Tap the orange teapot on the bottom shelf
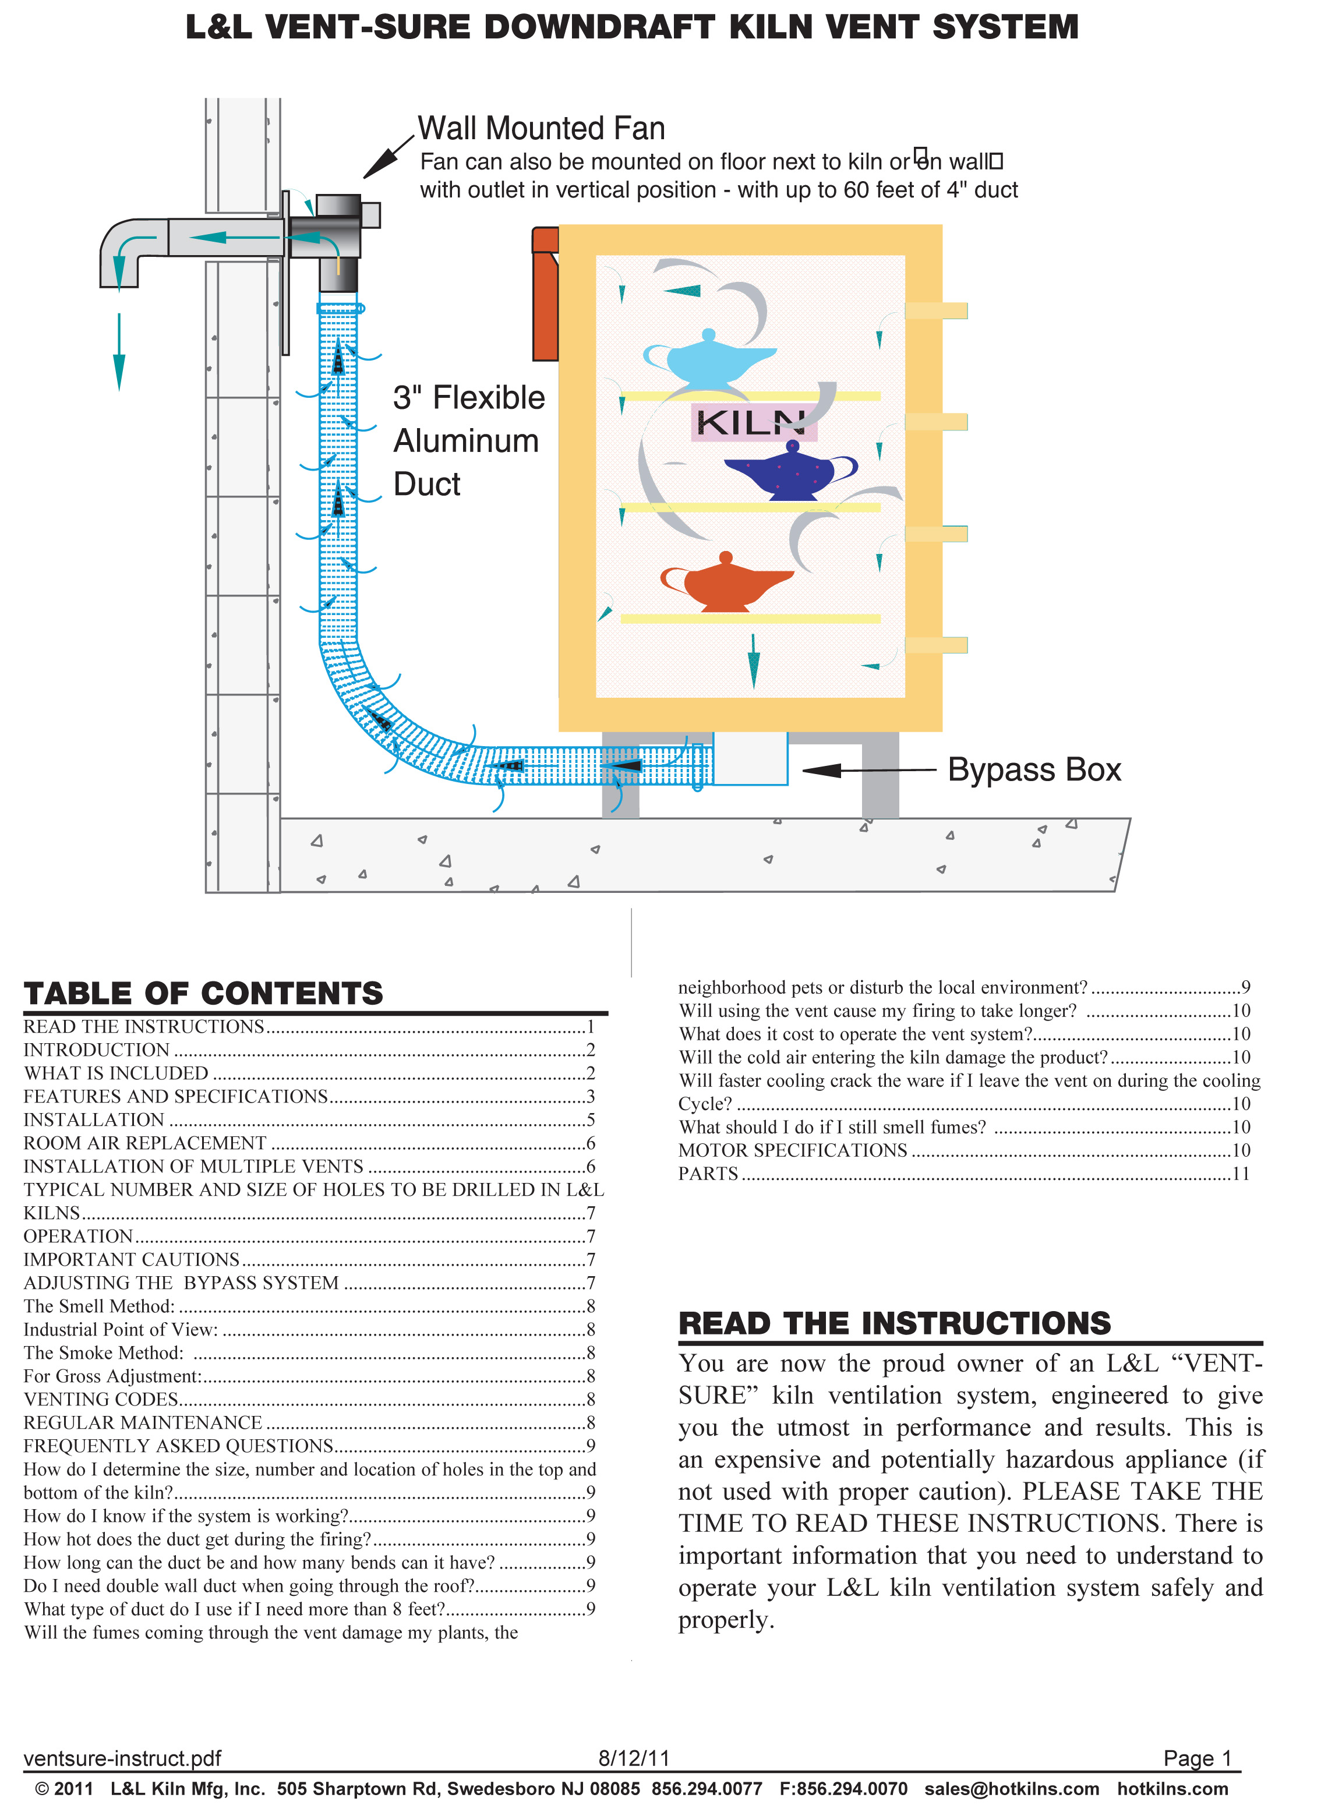click(726, 584)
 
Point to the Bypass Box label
click(1034, 770)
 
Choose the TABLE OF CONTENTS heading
click(203, 994)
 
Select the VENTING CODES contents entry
click(101, 1400)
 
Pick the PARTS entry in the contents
click(708, 1174)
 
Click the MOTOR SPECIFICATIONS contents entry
click(793, 1150)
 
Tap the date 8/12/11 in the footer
click(634, 1758)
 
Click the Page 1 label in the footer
click(1197, 1758)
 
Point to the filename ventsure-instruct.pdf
click(122, 1758)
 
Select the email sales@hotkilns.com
click(1011, 1789)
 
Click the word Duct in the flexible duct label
click(427, 485)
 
